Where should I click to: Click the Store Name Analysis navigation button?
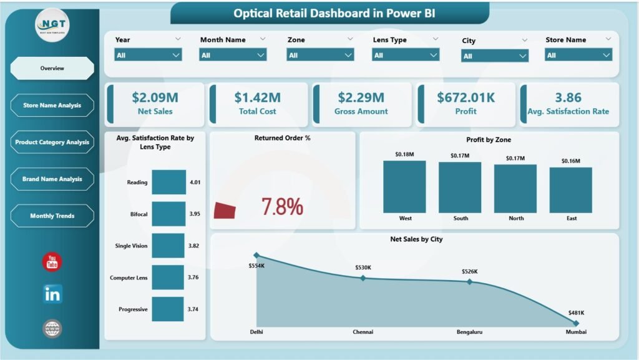pos(52,105)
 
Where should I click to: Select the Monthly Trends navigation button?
pos(52,216)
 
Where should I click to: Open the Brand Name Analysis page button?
pos(52,179)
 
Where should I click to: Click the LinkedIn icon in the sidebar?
pos(52,294)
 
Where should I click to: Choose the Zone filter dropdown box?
pos(320,55)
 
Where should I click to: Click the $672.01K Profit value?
pos(466,97)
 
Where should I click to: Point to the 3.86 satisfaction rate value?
pos(567,97)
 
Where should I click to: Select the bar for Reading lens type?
pos(168,182)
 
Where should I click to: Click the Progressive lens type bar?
pos(167,309)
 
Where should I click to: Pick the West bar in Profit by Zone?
pos(404,186)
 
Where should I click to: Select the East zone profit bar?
pos(570,190)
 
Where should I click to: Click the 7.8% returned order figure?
pos(282,207)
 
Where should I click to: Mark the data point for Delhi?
pos(256,255)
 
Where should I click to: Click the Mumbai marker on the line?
pos(576,323)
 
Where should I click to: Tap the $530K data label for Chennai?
pos(363,267)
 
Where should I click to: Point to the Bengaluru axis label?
pos(469,332)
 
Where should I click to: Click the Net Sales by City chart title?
pos(416,239)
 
